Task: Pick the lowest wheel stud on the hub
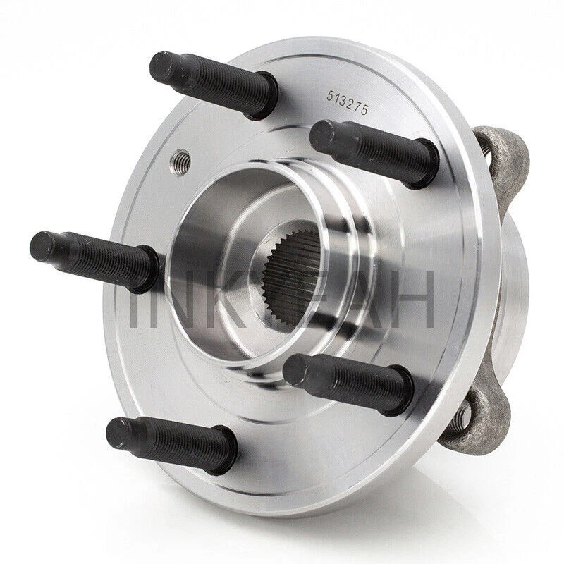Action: pos(169,435)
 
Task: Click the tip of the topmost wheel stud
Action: pos(159,68)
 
